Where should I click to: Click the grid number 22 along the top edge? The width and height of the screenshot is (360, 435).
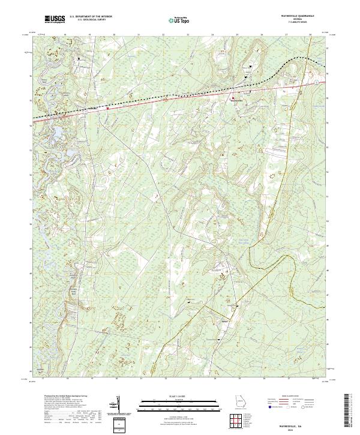(x=164, y=35)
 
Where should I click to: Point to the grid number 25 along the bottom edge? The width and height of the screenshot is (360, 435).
(x=238, y=379)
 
